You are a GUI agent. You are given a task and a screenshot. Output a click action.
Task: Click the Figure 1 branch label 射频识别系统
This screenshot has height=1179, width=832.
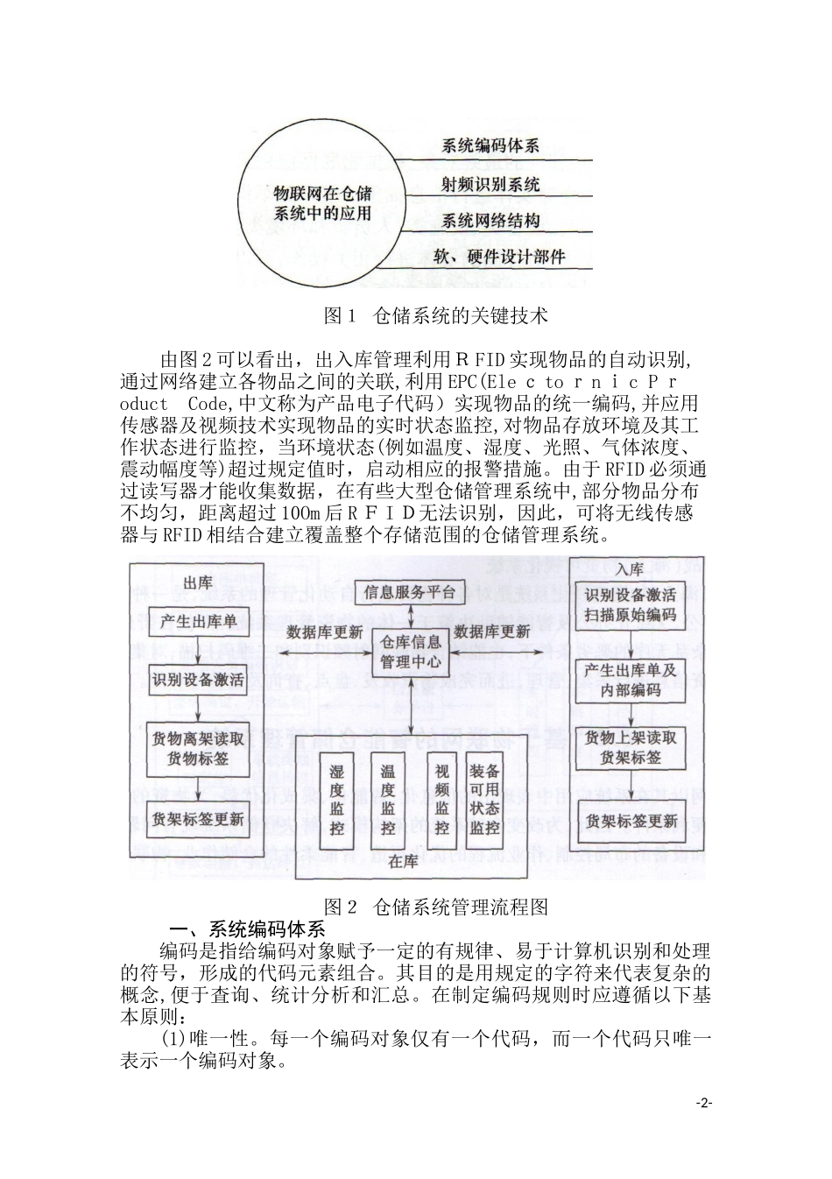(x=490, y=184)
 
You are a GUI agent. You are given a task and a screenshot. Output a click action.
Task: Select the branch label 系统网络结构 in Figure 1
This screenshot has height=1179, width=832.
(x=490, y=221)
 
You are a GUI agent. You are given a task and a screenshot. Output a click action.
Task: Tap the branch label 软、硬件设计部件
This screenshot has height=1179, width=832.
(x=499, y=258)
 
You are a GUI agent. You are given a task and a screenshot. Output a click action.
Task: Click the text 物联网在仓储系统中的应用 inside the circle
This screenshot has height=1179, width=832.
(x=322, y=202)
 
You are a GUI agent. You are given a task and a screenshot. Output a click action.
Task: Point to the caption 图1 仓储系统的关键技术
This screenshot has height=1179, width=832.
(x=435, y=315)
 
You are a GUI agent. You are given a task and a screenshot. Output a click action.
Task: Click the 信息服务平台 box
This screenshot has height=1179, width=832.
(x=410, y=591)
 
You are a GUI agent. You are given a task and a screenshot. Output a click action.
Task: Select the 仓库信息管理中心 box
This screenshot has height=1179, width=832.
(x=410, y=653)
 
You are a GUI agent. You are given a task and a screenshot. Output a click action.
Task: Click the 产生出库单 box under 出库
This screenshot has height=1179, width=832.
(x=199, y=623)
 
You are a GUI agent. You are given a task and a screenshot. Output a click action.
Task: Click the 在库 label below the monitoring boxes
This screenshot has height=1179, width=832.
(x=404, y=861)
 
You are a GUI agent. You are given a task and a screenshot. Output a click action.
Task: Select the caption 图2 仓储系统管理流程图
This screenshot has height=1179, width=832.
(x=435, y=906)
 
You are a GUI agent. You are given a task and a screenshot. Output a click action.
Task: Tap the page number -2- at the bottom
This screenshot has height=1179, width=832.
(x=704, y=1103)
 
